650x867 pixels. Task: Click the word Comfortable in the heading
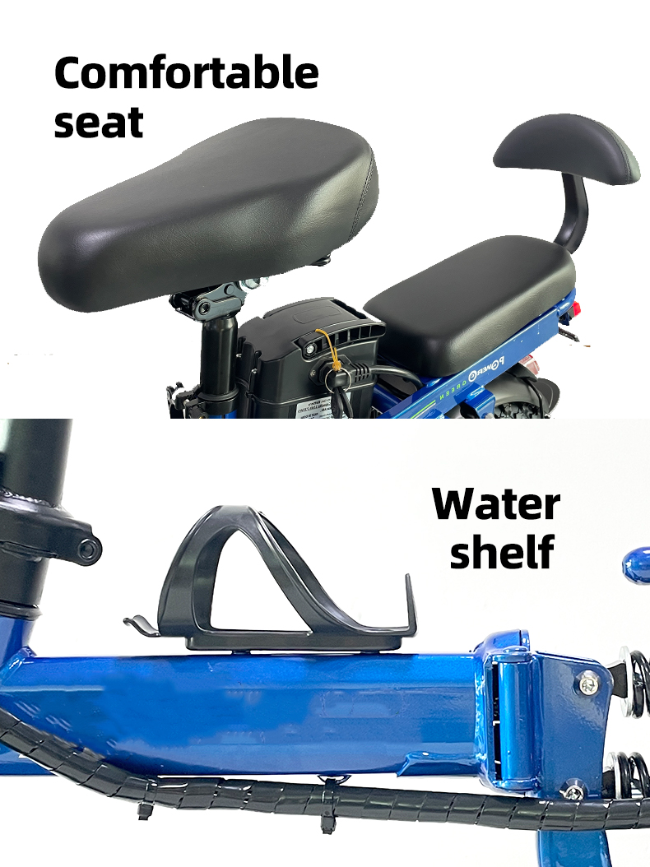coord(187,73)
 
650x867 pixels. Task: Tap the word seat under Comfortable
coord(99,123)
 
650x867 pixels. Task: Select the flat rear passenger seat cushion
coord(470,304)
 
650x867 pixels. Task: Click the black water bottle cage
coord(271,581)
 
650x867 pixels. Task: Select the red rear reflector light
coord(579,308)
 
